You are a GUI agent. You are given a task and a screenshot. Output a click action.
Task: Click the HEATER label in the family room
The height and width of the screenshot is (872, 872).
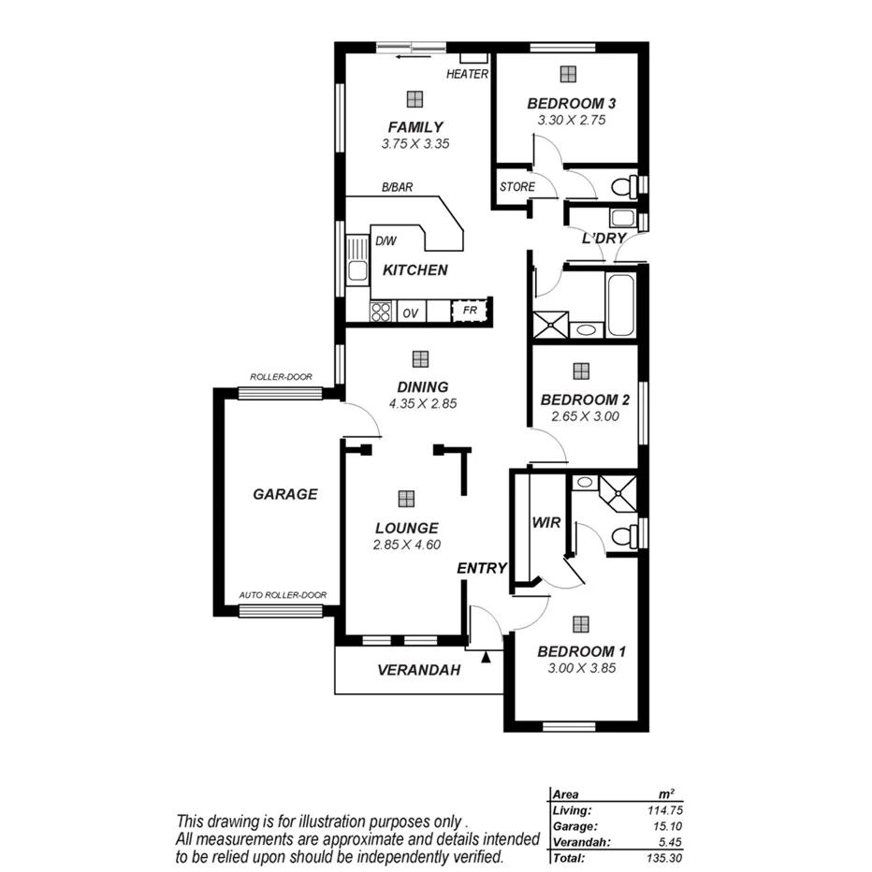pyautogui.click(x=467, y=74)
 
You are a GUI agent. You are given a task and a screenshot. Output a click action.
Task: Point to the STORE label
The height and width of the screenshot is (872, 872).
pyautogui.click(x=516, y=187)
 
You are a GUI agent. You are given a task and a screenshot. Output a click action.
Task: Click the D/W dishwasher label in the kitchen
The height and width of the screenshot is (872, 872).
pyautogui.click(x=385, y=240)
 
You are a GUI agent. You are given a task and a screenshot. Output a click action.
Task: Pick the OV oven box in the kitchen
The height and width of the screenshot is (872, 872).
pyautogui.click(x=410, y=312)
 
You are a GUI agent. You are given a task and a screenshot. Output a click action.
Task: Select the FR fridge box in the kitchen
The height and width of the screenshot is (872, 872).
pyautogui.click(x=470, y=312)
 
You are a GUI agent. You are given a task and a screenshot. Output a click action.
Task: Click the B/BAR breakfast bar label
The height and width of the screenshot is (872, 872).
pyautogui.click(x=397, y=187)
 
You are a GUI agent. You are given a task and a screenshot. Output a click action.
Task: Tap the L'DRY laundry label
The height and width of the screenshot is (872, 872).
pyautogui.click(x=603, y=239)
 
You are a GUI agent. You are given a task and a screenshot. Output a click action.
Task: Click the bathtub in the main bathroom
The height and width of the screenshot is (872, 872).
pyautogui.click(x=621, y=304)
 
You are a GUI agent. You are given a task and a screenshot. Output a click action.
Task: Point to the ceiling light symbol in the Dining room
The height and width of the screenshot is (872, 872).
pyautogui.click(x=420, y=358)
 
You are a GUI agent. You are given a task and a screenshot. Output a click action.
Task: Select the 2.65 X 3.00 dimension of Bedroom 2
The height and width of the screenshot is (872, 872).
pyautogui.click(x=585, y=416)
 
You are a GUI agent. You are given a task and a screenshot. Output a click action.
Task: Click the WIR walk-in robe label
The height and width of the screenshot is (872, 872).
pyautogui.click(x=545, y=523)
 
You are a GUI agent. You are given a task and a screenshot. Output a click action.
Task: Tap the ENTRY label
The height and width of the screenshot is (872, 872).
pyautogui.click(x=482, y=568)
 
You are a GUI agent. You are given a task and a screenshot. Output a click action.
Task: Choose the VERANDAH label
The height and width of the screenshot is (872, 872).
pyautogui.click(x=419, y=670)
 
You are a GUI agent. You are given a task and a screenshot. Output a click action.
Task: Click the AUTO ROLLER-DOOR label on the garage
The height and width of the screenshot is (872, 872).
pyautogui.click(x=283, y=595)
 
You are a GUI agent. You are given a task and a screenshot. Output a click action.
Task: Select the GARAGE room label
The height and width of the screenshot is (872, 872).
pyautogui.click(x=285, y=494)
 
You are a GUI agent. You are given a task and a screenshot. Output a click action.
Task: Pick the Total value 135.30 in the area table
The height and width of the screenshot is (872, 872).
pyautogui.click(x=622, y=857)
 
